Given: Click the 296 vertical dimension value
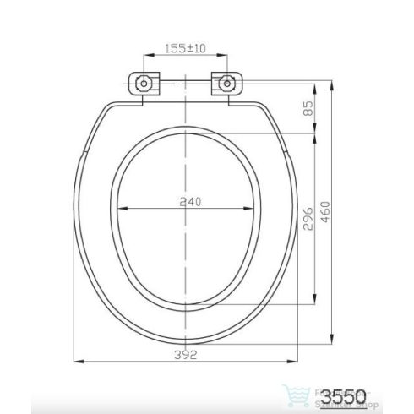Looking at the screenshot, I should [308, 219].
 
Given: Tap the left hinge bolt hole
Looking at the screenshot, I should [142, 83].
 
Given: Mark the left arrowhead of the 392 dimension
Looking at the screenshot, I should [80, 361].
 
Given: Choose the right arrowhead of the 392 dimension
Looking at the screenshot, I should [302, 361].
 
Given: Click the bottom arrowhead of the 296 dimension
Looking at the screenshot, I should [315, 300].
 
